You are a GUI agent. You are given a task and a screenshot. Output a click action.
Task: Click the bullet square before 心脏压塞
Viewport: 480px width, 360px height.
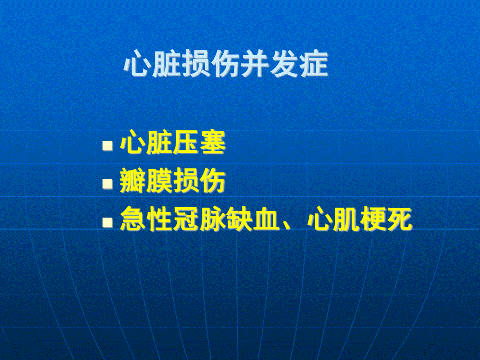click(107, 146)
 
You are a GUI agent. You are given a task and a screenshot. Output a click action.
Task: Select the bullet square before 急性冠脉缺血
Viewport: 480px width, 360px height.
click(107, 222)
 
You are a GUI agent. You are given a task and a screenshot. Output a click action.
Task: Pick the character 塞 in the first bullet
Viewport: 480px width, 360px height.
click(212, 143)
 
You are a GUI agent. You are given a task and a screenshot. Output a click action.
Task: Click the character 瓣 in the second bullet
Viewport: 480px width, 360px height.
click(133, 181)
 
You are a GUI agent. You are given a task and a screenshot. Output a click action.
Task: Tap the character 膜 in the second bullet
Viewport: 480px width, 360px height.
click(159, 181)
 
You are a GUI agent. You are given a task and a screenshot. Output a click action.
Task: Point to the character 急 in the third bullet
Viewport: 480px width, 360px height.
click(133, 220)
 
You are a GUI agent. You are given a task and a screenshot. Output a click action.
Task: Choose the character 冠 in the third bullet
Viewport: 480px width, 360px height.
click(186, 220)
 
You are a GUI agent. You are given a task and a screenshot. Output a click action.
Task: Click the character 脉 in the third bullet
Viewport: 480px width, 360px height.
click(212, 220)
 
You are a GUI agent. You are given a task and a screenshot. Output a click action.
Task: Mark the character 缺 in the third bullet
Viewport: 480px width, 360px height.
click(238, 220)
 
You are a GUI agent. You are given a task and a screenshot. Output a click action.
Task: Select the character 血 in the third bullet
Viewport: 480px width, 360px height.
click(265, 220)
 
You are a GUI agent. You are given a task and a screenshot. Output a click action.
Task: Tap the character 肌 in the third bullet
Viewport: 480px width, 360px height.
click(345, 220)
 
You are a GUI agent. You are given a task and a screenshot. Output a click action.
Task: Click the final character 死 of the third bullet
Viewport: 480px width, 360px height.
click(398, 220)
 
